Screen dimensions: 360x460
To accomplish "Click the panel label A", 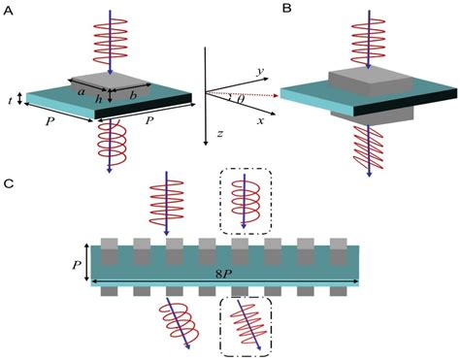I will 9,8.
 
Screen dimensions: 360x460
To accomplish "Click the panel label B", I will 288,8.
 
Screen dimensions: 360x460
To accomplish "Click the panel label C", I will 9,183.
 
